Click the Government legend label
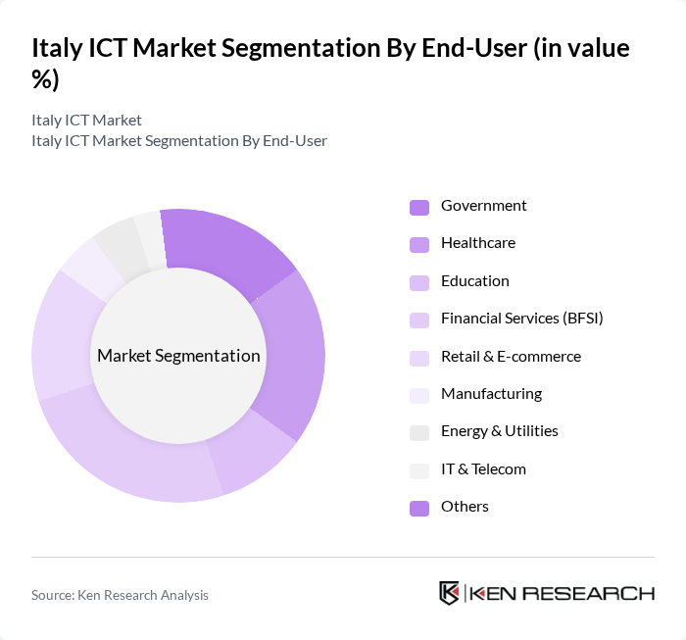point(483,206)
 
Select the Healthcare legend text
point(477,243)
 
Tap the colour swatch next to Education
point(419,282)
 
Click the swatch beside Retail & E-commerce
point(419,358)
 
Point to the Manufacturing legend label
point(491,394)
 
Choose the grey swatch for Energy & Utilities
point(419,432)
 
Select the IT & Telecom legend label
point(483,469)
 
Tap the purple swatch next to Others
point(419,508)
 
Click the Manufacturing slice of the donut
point(86,267)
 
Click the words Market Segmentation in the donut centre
point(178,356)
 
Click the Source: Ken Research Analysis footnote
point(120,595)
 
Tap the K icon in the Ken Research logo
point(449,593)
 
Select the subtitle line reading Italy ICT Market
point(86,120)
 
